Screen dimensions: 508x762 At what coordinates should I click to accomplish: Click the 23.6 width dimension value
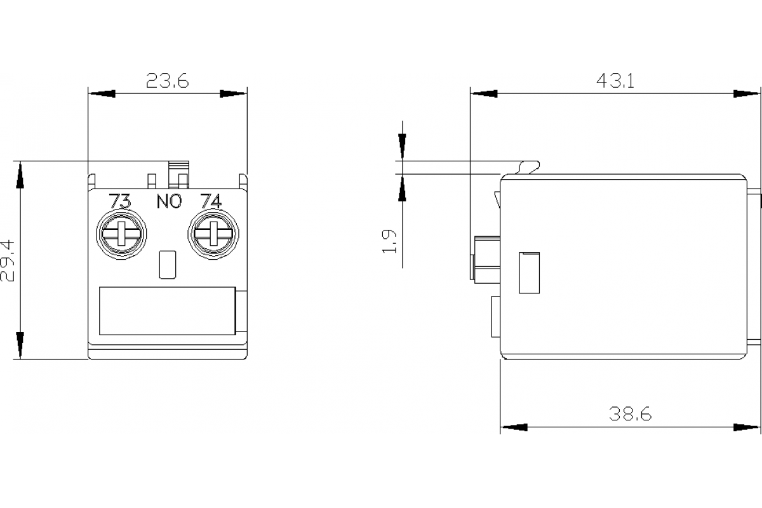[x=167, y=81]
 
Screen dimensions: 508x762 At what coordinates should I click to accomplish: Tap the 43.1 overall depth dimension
[x=615, y=81]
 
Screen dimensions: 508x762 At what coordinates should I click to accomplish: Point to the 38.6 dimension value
[x=630, y=414]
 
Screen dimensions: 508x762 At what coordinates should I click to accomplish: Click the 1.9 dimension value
[x=389, y=241]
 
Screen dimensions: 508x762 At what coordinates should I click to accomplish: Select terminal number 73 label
[x=121, y=201]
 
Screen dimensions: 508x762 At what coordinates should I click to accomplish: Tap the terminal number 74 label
[x=210, y=201]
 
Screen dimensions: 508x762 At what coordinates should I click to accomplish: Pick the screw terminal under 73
[x=121, y=234]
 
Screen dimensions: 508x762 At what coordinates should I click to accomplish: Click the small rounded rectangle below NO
[x=166, y=264]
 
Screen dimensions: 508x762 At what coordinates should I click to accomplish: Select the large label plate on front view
[x=168, y=311]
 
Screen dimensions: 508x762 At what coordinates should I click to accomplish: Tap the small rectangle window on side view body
[x=529, y=272]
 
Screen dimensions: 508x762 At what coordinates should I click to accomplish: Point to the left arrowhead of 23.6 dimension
[x=102, y=93]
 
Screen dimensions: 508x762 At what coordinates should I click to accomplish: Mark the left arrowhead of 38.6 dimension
[x=514, y=427]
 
